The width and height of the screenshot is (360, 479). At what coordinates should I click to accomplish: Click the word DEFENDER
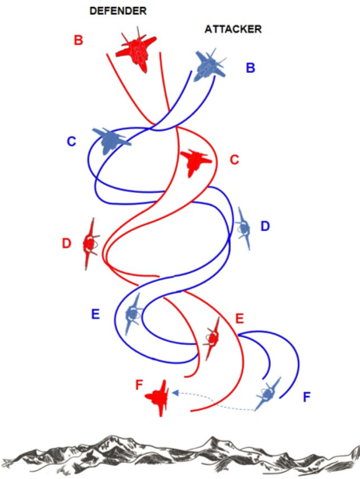(x=118, y=12)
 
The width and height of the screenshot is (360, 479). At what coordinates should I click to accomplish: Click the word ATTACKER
(x=233, y=29)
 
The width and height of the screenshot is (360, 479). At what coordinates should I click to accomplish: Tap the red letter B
(x=78, y=40)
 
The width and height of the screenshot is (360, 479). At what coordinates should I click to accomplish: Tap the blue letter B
(x=251, y=67)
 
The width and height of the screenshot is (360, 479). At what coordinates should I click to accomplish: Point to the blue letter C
(x=71, y=141)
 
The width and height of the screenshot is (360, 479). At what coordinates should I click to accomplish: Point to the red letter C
(x=234, y=160)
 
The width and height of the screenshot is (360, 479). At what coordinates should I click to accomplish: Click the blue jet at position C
(x=111, y=140)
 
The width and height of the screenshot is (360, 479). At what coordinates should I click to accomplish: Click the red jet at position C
(x=196, y=163)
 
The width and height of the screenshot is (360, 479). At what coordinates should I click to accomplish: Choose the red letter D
(x=67, y=243)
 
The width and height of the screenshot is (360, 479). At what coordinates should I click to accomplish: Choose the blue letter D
(x=265, y=226)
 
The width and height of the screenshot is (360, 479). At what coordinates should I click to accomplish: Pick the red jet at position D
(x=91, y=244)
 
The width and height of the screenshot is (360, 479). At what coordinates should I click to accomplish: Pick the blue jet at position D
(x=244, y=228)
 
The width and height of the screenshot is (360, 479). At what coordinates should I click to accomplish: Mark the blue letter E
(x=95, y=315)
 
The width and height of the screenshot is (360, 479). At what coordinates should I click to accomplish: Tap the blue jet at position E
(x=133, y=313)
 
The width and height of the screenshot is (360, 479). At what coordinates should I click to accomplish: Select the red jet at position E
(x=213, y=338)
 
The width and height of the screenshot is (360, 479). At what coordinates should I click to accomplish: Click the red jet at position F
(x=157, y=398)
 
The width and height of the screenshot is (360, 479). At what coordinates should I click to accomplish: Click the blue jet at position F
(x=267, y=394)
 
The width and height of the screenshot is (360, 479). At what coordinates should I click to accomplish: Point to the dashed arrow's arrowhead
(x=175, y=393)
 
